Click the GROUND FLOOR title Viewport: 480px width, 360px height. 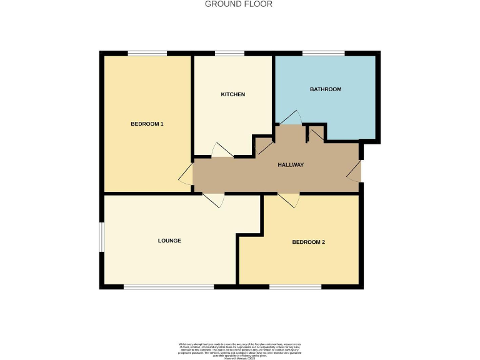click(x=239, y=4)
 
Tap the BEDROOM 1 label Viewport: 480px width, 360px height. click(x=147, y=124)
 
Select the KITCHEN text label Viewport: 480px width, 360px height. click(x=232, y=94)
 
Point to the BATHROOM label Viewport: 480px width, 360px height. click(x=326, y=89)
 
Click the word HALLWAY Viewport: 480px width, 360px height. click(x=291, y=165)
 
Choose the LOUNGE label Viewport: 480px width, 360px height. click(x=169, y=241)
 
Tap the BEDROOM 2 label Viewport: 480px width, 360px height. click(x=308, y=242)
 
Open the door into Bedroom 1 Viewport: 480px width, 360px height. click(x=186, y=175)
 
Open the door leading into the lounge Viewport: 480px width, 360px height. click(x=214, y=200)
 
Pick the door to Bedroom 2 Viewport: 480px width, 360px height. click(x=288, y=200)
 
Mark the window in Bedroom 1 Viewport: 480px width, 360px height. click(x=147, y=53)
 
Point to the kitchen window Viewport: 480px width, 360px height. click(x=229, y=53)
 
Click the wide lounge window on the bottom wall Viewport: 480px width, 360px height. click(x=169, y=287)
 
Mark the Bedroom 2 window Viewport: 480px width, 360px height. click(x=295, y=287)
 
